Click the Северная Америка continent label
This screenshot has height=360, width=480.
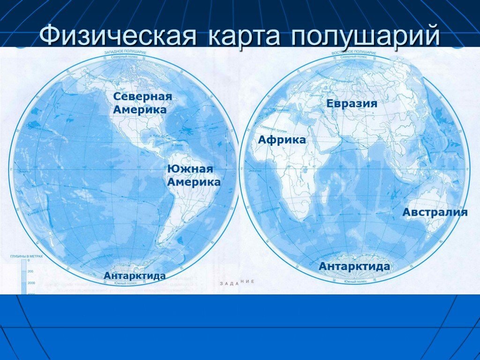coord(142,103)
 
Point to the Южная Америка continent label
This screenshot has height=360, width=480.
coord(194,175)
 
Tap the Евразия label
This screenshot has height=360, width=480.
coord(352,104)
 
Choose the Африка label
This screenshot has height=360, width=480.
coord(282,140)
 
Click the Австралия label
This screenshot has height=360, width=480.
coord(435,212)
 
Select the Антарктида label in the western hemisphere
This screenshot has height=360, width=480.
coord(135,276)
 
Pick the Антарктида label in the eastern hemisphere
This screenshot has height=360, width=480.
coord(354,266)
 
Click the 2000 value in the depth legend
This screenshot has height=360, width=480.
coord(31,283)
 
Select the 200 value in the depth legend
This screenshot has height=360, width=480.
coord(31,271)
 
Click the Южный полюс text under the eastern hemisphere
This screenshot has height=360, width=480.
coord(354,281)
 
